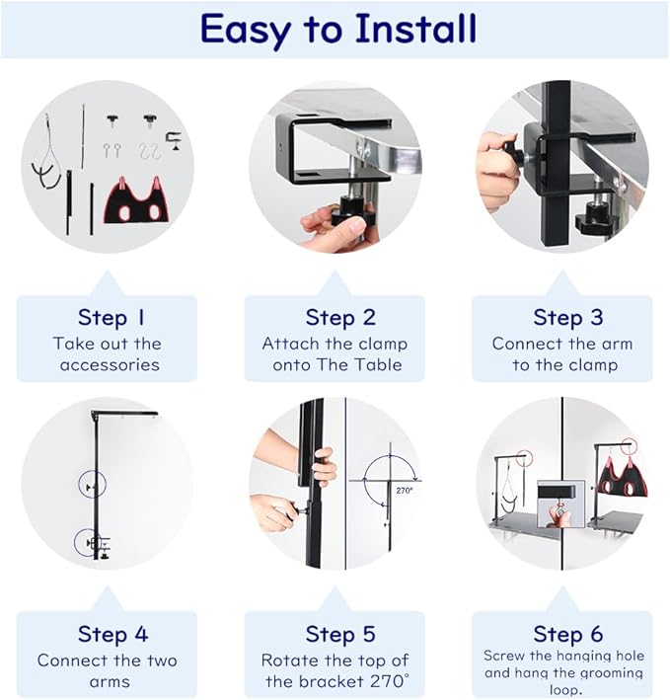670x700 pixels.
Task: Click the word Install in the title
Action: tap(415, 28)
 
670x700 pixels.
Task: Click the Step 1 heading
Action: tap(112, 318)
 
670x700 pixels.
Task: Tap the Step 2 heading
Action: tap(340, 318)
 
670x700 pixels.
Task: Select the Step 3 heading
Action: tap(567, 318)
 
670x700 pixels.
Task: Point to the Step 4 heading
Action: tap(112, 634)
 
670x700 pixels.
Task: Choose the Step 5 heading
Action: tap(340, 634)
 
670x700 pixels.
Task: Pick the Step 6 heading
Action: tap(567, 634)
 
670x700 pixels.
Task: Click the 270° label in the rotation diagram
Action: tap(405, 490)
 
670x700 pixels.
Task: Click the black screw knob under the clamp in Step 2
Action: tap(349, 212)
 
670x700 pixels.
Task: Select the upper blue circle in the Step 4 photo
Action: tap(93, 484)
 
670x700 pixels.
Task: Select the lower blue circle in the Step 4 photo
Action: tap(88, 542)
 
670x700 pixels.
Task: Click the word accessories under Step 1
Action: tap(110, 365)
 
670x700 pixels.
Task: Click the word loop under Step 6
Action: tap(563, 689)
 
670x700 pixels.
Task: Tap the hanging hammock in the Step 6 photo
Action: tap(622, 477)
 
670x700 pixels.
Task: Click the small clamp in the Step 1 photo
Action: tap(174, 142)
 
